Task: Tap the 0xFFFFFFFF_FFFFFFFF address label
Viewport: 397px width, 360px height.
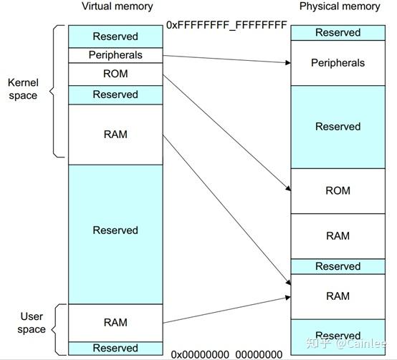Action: pyautogui.click(x=226, y=25)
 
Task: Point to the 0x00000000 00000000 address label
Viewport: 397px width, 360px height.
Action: pyautogui.click(x=226, y=354)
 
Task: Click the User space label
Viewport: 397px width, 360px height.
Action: pyautogui.click(x=32, y=323)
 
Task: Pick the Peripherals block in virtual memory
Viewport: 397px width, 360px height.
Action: pyautogui.click(x=115, y=55)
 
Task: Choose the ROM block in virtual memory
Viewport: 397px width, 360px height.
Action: pyautogui.click(x=115, y=74)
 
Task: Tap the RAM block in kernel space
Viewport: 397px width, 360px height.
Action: pyautogui.click(x=115, y=135)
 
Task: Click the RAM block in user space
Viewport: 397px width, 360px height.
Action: pyautogui.click(x=115, y=323)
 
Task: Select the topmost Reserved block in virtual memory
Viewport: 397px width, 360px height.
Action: pyautogui.click(x=115, y=37)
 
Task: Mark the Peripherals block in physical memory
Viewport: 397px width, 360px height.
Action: pyautogui.click(x=338, y=63)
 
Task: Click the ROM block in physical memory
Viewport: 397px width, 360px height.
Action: pyautogui.click(x=338, y=191)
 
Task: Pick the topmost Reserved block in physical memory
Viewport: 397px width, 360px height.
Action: pyautogui.click(x=338, y=32)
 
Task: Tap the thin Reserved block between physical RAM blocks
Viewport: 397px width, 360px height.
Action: pyautogui.click(x=338, y=266)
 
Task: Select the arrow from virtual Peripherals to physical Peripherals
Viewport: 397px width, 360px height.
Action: pyautogui.click(x=226, y=59)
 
